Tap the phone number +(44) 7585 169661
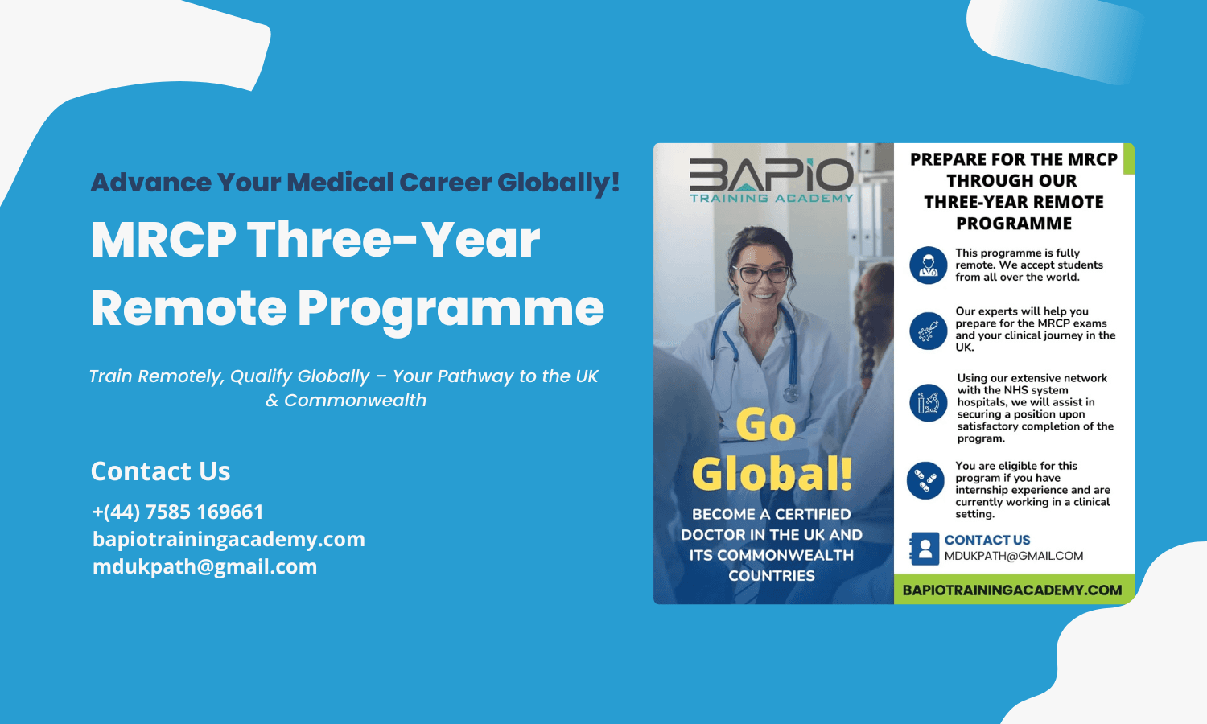[x=178, y=512]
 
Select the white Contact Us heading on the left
[x=160, y=471]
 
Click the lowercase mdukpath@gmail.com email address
[x=204, y=566]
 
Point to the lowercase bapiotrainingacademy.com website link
[x=229, y=539]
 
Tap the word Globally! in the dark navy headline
[x=558, y=182]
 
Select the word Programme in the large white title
[x=451, y=308]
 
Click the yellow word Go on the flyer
[x=766, y=425]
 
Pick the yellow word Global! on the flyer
[x=772, y=474]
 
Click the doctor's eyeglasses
[x=764, y=274]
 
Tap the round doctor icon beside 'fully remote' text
[x=928, y=265]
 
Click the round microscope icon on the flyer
[x=928, y=403]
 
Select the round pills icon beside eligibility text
[x=925, y=480]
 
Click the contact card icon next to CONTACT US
[x=925, y=549]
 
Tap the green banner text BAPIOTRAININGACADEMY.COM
[x=1012, y=590]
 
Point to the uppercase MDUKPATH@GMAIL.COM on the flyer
[x=1014, y=556]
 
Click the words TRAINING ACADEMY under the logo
[x=772, y=198]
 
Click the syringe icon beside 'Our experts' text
[x=928, y=331]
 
